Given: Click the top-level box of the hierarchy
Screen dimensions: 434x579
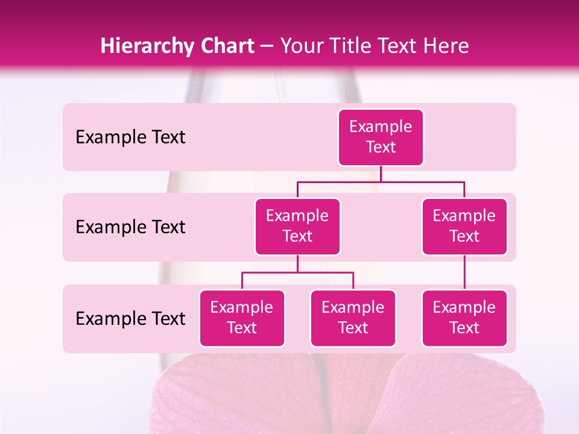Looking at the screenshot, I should click(381, 137).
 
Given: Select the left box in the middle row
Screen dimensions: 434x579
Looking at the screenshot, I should click(297, 226).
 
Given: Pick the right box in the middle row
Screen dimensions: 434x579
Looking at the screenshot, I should click(464, 226).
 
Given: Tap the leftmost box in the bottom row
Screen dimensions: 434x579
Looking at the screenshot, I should click(242, 318).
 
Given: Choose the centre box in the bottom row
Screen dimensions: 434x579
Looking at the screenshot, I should click(353, 318).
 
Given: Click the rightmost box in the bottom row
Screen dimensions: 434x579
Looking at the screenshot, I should click(464, 318).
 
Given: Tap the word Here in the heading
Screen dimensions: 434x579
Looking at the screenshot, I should click(447, 46).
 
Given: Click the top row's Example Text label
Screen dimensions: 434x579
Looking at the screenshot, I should click(130, 137).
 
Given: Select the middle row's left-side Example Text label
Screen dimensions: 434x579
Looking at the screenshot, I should click(130, 227).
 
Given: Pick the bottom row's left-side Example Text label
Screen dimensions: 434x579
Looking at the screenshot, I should click(130, 318).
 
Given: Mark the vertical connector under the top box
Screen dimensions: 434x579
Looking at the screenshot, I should click(381, 174).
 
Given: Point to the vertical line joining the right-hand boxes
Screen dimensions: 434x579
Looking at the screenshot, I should click(464, 272).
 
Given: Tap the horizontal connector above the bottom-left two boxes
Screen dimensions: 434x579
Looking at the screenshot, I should click(297, 272).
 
